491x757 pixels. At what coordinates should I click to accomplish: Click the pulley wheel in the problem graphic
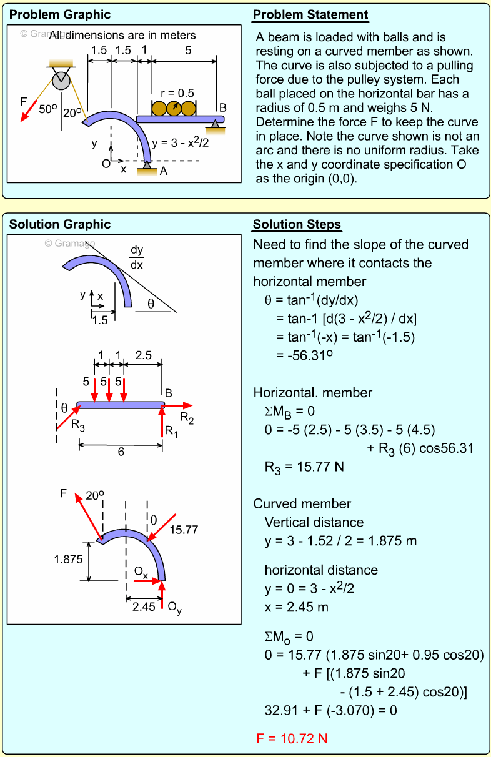point(61,79)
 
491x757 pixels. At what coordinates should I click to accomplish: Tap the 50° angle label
point(48,109)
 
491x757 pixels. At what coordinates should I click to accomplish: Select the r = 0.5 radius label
point(177,93)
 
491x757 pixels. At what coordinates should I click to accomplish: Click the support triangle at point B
point(216,126)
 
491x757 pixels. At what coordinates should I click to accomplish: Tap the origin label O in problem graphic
point(106,164)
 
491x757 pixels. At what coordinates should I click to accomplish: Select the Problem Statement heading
point(310,15)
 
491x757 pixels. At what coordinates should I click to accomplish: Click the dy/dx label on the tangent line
point(136,257)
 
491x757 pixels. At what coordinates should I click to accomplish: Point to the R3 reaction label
point(77,425)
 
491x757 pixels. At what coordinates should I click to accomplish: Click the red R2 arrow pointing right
point(178,406)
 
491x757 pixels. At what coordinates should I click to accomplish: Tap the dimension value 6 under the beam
point(121,452)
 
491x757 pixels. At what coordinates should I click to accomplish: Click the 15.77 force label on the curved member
point(183,530)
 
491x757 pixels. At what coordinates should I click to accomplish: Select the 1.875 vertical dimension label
point(68,560)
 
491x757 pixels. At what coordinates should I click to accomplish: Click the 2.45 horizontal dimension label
point(144,606)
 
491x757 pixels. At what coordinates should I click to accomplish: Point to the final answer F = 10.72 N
point(292,738)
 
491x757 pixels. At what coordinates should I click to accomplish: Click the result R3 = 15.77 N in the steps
point(305,467)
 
